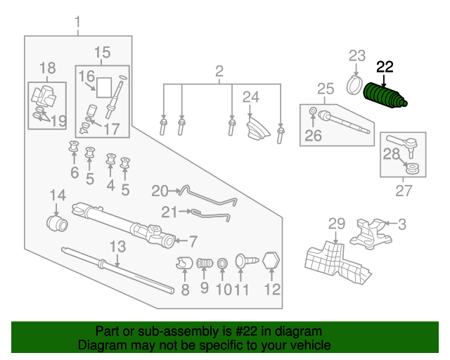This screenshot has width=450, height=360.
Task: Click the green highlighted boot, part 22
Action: click(x=385, y=96)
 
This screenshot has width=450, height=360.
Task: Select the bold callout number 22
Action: click(x=385, y=67)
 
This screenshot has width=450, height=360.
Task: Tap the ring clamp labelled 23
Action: click(x=354, y=85)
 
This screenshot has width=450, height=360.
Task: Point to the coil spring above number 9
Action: click(x=205, y=263)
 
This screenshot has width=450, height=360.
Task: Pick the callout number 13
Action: click(x=118, y=246)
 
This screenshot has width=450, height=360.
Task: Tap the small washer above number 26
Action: click(x=313, y=110)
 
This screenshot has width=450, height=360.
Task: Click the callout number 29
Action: click(x=337, y=224)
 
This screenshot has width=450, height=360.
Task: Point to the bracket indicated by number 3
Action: click(x=371, y=233)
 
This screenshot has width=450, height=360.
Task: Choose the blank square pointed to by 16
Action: click(x=104, y=88)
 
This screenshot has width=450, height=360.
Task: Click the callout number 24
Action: click(x=251, y=97)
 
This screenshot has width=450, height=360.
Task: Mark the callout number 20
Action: click(x=160, y=191)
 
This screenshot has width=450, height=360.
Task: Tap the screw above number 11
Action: click(x=247, y=261)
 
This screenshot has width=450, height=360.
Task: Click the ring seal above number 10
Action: click(x=222, y=263)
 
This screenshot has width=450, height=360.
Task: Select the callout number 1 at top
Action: click(x=77, y=22)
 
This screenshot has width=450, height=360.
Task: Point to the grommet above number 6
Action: click(x=74, y=146)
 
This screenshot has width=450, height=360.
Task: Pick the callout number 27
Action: click(x=404, y=191)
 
